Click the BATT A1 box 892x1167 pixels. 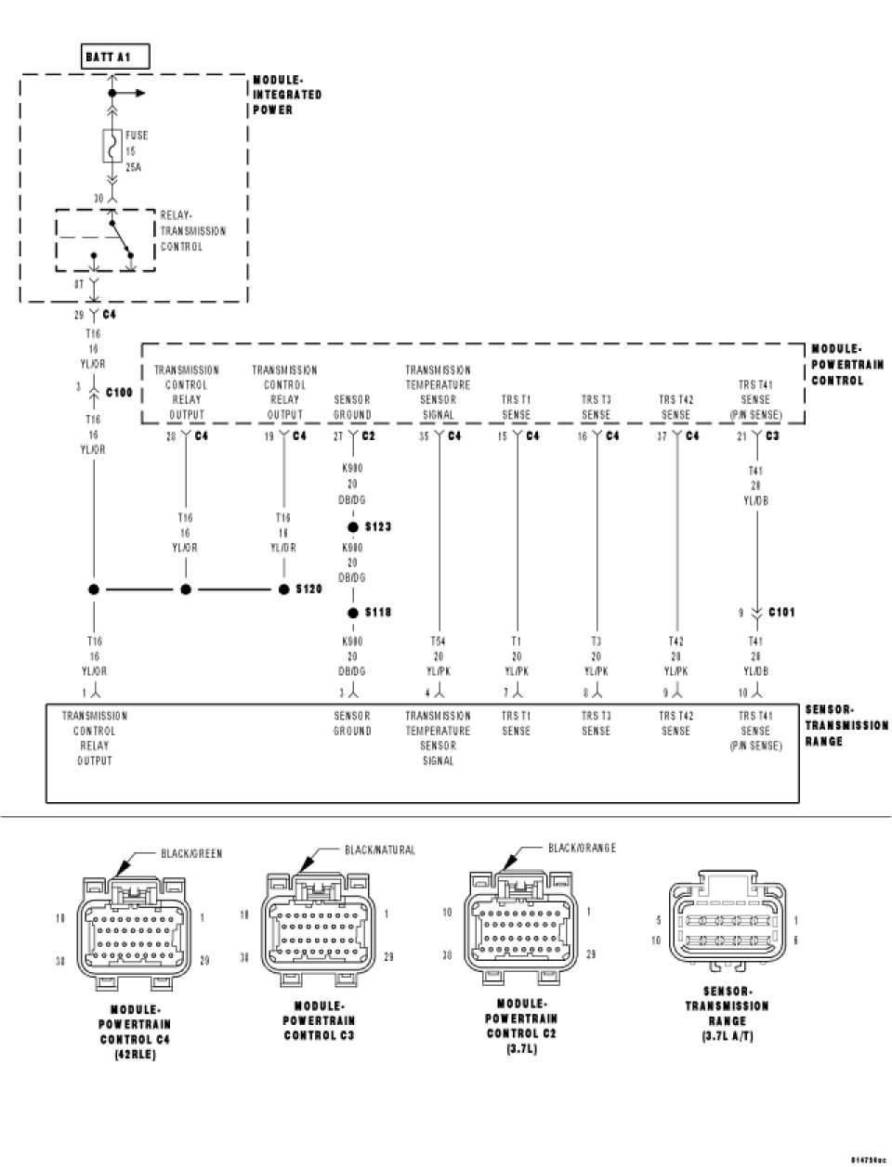tap(113, 58)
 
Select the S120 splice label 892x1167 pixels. tap(308, 589)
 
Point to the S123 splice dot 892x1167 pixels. tap(353, 526)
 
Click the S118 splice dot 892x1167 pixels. tap(353, 613)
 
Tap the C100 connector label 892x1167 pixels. tap(120, 393)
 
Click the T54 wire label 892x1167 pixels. tap(438, 641)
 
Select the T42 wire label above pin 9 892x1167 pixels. tap(676, 641)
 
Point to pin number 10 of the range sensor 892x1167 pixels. tap(744, 693)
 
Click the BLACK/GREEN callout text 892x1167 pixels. tap(191, 853)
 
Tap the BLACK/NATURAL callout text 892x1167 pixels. tap(380, 849)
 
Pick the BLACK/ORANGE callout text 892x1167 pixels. tap(582, 848)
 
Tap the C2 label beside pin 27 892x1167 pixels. tap(368, 435)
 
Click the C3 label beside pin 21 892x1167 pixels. tap(772, 435)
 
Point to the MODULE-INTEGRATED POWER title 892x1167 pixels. tap(287, 95)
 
